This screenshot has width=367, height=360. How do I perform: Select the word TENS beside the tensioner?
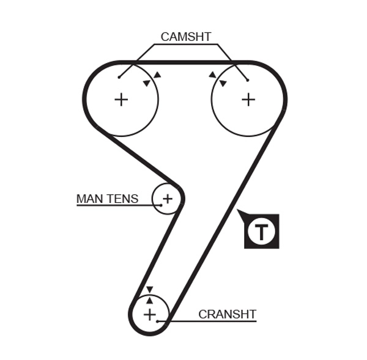click(x=122, y=199)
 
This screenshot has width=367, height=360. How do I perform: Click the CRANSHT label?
click(x=227, y=314)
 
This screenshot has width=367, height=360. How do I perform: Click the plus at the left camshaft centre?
click(x=121, y=99)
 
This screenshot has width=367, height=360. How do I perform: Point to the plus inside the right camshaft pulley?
click(x=248, y=99)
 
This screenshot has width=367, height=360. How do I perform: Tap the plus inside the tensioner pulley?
click(x=167, y=198)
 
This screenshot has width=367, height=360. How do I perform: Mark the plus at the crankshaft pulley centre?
click(x=150, y=314)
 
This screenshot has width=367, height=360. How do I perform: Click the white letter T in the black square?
click(x=261, y=232)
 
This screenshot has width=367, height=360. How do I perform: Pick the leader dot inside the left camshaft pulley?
click(x=119, y=77)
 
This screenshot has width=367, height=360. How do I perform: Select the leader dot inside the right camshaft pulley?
click(x=248, y=79)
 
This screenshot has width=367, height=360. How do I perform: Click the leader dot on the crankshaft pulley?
click(x=158, y=320)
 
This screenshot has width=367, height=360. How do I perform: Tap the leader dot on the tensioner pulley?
click(x=160, y=205)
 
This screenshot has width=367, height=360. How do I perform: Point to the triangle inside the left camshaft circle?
click(x=146, y=83)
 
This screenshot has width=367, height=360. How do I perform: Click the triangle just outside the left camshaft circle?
click(x=157, y=75)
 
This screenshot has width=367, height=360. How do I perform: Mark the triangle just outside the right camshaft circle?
click(x=212, y=75)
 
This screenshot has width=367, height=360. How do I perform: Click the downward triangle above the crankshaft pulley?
click(x=149, y=290)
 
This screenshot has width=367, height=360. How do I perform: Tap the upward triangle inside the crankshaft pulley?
click(x=149, y=300)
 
